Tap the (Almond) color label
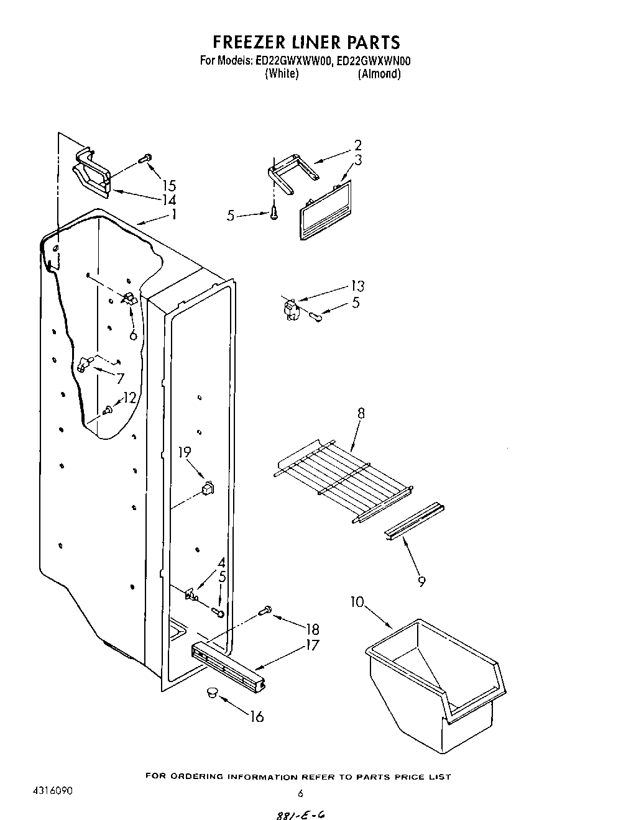[379, 74]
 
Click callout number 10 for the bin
[357, 603]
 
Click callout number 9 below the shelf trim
[422, 581]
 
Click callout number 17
[312, 645]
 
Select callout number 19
[185, 452]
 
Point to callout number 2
[358, 146]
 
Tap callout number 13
[357, 286]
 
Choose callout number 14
[168, 200]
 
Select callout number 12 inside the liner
[129, 398]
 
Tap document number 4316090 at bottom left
[52, 792]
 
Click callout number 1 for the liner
[174, 214]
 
